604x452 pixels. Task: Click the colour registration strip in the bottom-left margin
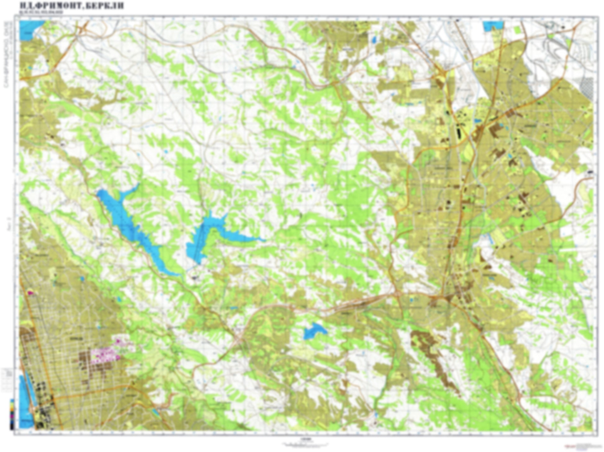coord(12,414)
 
